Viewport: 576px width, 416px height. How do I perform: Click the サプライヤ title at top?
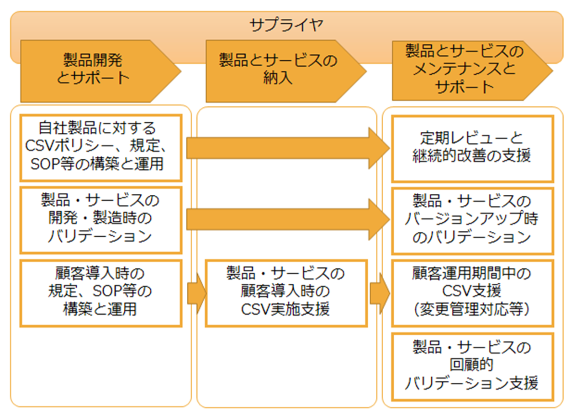(286, 25)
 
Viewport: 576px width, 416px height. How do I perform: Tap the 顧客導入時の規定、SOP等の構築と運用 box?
(100, 292)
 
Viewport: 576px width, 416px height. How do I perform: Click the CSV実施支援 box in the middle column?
(286, 292)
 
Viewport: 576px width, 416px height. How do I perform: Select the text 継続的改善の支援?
(472, 156)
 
